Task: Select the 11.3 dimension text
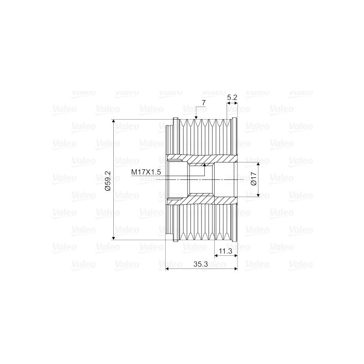coord(226,251)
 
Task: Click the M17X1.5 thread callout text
coord(147,172)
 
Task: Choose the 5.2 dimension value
coord(232,97)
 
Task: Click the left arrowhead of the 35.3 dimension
coord(168,269)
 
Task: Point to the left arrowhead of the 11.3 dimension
coord(216,256)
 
